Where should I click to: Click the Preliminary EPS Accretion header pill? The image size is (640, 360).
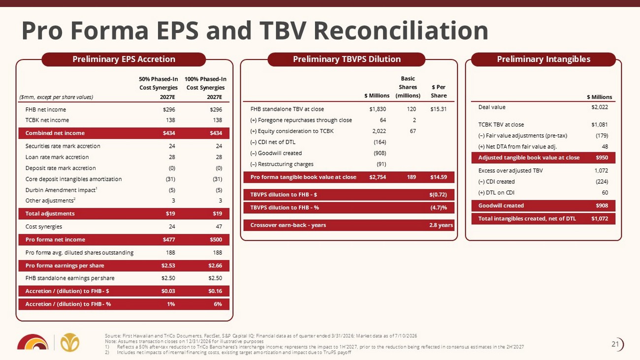pos(124,60)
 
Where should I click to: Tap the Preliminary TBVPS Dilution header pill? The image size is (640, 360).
pos(347,60)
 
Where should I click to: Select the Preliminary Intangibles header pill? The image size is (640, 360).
pos(544,60)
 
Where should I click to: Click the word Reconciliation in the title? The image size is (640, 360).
pos(401,31)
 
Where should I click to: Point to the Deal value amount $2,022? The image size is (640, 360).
pos(600,107)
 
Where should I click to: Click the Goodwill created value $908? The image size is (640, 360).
pos(602,206)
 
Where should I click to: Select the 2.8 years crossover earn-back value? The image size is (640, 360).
pos(441,225)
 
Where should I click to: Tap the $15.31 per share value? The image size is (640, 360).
pos(438,109)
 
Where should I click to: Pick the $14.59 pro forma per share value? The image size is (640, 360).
pos(439,177)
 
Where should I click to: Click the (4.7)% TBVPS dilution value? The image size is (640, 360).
pos(439,208)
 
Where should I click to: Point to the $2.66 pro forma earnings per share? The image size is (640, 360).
pos(215,266)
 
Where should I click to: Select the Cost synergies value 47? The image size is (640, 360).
pos(219,227)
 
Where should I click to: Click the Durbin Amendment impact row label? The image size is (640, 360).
pos(62,190)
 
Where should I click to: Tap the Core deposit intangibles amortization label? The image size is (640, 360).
pos(73,179)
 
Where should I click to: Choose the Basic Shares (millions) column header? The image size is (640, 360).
pos(408,87)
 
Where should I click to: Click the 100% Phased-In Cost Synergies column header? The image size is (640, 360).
pos(205,88)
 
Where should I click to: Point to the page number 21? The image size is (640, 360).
pos(615,344)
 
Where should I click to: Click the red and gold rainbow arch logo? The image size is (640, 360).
pos(33,342)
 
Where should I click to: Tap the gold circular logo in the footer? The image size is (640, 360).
pos(70,342)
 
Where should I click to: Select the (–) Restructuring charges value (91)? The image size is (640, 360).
pos(381,164)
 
